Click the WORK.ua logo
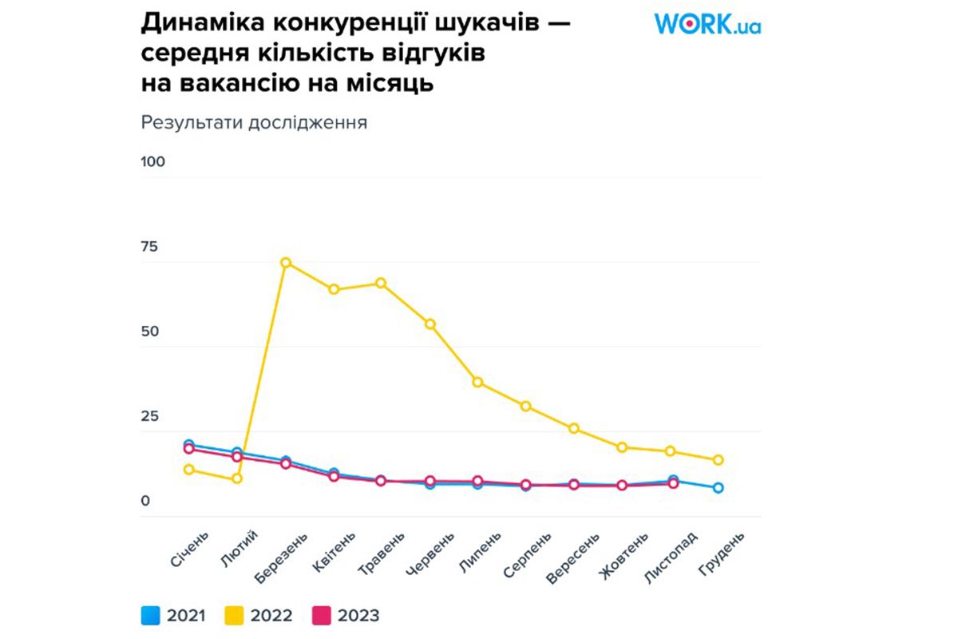point(707,23)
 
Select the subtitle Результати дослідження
point(254,123)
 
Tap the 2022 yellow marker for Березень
point(286,263)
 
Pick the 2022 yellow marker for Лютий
point(237,478)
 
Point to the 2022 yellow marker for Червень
point(430,324)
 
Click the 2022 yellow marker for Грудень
point(718,460)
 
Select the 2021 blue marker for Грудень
point(718,488)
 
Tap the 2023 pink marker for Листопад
point(673,483)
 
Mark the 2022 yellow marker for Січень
point(189,470)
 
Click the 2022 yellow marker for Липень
point(477,383)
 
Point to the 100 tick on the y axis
point(152,162)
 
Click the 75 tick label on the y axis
point(149,247)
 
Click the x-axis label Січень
point(190,548)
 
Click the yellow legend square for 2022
point(237,616)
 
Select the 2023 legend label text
point(358,616)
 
